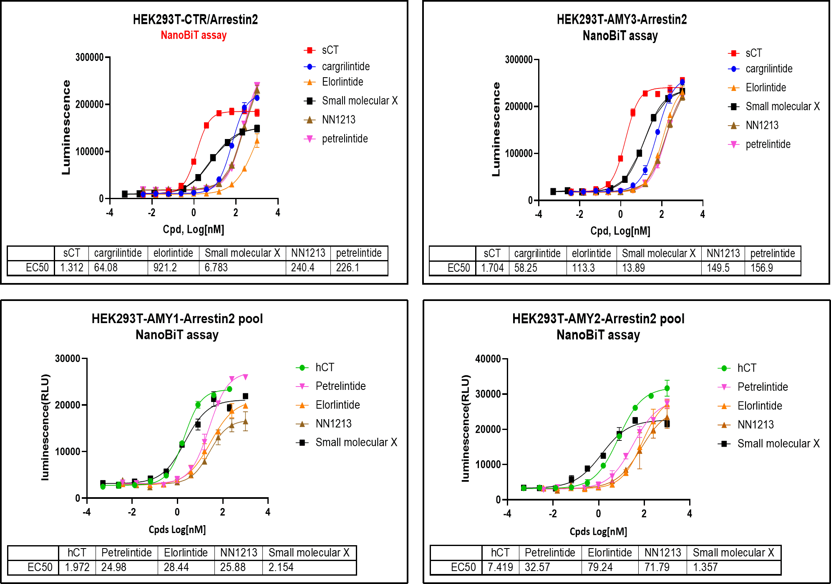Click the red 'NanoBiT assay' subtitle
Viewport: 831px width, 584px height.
(194, 35)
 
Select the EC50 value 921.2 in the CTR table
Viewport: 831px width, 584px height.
(165, 267)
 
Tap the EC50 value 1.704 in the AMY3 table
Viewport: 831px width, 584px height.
(492, 268)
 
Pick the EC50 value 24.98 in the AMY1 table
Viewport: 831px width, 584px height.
(114, 567)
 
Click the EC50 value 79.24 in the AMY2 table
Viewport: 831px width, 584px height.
(600, 567)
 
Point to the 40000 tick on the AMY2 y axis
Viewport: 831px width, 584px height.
(488, 359)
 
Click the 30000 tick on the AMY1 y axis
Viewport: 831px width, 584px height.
(68, 358)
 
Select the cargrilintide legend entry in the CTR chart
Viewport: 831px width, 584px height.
(337, 66)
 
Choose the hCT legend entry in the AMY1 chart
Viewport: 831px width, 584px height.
(315, 367)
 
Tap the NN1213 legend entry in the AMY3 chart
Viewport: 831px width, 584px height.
(753, 125)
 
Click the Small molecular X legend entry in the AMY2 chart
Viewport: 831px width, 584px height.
(769, 443)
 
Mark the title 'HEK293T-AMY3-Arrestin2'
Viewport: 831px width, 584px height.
(622, 19)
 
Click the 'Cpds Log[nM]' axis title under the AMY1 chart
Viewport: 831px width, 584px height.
(177, 529)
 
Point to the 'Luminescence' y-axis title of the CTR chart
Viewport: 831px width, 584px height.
(66, 127)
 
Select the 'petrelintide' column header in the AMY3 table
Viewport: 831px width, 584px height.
(773, 253)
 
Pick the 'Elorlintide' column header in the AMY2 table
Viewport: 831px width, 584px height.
(610, 553)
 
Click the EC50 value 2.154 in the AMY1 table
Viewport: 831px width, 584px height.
(281, 567)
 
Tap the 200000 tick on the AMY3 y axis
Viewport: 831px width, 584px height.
(519, 106)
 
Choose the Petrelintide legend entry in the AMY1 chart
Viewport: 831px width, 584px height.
(331, 386)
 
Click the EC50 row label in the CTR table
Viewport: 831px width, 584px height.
(37, 267)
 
